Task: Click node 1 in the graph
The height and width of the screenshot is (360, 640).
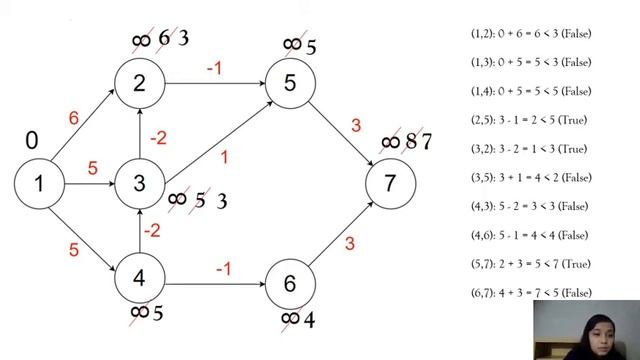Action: click(x=39, y=183)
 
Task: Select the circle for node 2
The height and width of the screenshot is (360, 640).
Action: click(x=140, y=83)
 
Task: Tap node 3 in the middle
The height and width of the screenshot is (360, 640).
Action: click(x=140, y=183)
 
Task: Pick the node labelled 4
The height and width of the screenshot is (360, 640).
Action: click(x=140, y=279)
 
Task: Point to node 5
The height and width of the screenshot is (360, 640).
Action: click(x=290, y=83)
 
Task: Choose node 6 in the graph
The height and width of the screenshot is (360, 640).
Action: click(x=290, y=284)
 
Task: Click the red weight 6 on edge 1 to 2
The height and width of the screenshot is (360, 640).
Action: click(x=73, y=118)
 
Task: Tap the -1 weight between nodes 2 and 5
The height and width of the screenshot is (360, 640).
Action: click(x=214, y=69)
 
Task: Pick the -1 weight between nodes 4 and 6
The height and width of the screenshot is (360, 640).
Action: click(x=224, y=267)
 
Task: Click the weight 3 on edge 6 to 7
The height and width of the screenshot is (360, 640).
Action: click(x=350, y=244)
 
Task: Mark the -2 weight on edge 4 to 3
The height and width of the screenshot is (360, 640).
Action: click(x=152, y=231)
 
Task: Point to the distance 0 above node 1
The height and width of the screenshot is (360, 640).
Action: click(x=33, y=140)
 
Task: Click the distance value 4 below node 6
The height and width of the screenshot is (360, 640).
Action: click(x=309, y=320)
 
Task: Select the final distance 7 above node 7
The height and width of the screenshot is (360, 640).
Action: click(x=426, y=141)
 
